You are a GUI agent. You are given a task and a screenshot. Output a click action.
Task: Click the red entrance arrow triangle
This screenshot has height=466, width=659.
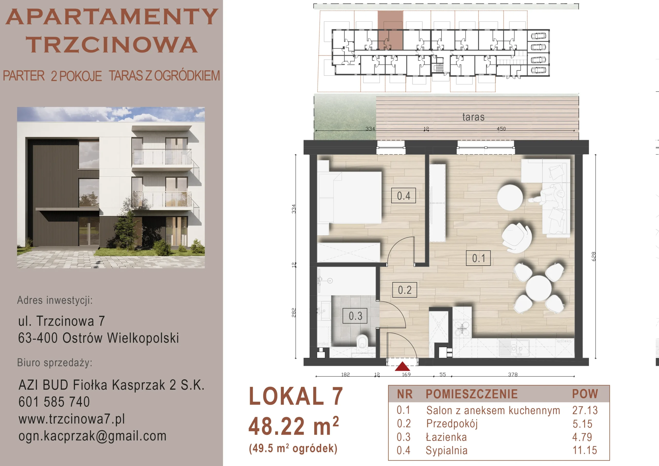pos(402,366)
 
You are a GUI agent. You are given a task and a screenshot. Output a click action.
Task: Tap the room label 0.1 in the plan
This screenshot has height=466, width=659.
pos(478,258)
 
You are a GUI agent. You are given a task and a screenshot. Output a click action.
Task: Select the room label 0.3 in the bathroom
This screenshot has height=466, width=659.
pos(355,316)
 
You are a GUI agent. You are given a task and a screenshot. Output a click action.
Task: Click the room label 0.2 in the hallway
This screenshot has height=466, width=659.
pos(404,290)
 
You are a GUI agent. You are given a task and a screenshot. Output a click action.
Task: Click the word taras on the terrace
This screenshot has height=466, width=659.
pos(473,117)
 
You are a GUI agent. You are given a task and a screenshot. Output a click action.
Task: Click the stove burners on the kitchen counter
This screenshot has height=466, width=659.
pos(462,329)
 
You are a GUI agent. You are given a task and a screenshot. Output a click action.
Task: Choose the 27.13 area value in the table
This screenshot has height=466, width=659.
pos(585,410)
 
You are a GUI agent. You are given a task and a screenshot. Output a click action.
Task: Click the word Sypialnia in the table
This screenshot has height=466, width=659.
pos(447,450)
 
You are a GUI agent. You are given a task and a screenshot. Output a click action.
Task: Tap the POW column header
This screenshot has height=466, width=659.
pos(585,394)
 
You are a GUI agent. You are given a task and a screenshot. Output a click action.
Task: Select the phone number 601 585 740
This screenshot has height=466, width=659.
pos(54,402)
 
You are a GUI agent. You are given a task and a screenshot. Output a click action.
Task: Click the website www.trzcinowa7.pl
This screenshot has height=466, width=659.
pos(72,419)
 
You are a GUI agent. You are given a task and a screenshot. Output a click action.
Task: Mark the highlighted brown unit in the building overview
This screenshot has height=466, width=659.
pos(390,30)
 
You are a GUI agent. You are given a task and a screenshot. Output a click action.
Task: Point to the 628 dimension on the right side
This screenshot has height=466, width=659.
pos(594,257)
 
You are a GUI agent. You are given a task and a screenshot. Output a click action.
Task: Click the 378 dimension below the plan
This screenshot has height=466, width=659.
pos(513,374)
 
